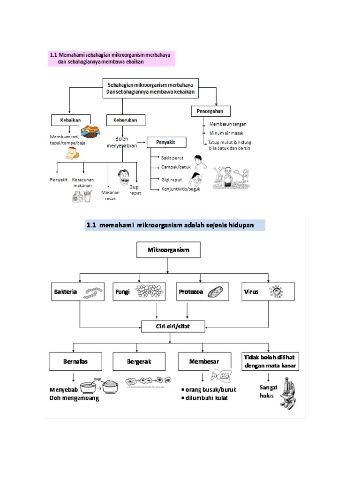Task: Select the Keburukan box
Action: [126, 120]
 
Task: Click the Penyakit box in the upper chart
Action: [167, 142]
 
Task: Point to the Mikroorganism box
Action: [169, 250]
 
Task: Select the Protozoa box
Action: [202, 292]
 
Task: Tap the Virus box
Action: [268, 292]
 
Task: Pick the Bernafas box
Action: [76, 362]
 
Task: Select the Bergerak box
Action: [139, 362]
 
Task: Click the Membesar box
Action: [203, 362]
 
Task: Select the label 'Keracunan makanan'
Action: [82, 182]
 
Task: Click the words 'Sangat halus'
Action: [268, 391]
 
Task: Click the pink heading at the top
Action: [111, 58]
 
